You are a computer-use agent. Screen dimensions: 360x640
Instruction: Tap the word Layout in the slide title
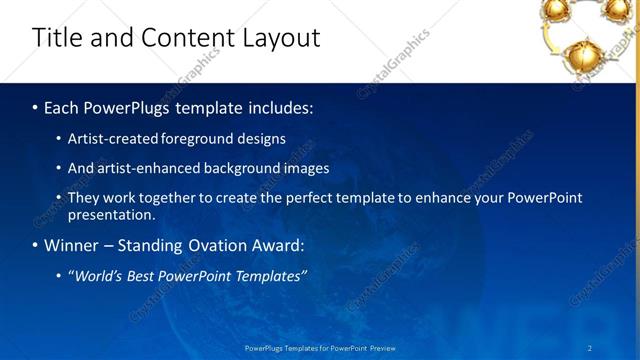point(281,38)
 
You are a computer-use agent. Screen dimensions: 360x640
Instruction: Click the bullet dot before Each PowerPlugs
point(36,107)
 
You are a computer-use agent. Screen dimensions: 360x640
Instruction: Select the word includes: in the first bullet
point(277,107)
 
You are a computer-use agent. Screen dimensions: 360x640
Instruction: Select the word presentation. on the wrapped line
point(112,214)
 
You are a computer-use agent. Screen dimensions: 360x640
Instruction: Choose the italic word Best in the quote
point(148,276)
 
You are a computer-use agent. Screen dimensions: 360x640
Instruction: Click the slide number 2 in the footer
point(590,348)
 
